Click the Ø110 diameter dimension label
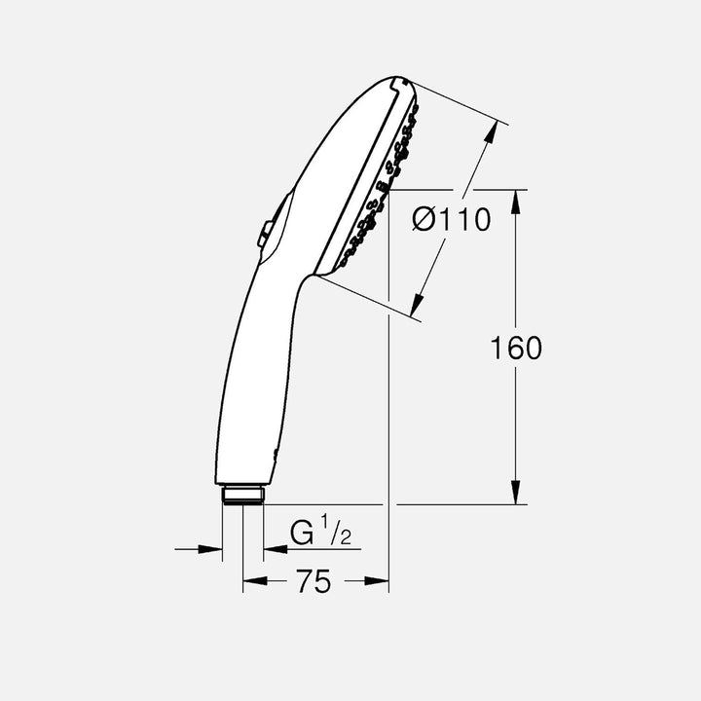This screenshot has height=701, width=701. (451, 221)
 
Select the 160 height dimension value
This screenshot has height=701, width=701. (516, 348)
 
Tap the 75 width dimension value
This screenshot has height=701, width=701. (314, 582)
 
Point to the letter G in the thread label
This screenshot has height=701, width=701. (303, 534)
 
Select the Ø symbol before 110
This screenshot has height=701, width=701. (424, 221)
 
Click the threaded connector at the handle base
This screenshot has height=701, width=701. (241, 495)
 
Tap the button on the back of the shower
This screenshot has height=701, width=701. (265, 233)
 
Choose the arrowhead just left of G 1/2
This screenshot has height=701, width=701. (273, 549)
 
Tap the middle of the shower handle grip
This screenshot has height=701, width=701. (251, 380)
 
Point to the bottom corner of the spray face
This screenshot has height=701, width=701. (316, 277)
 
